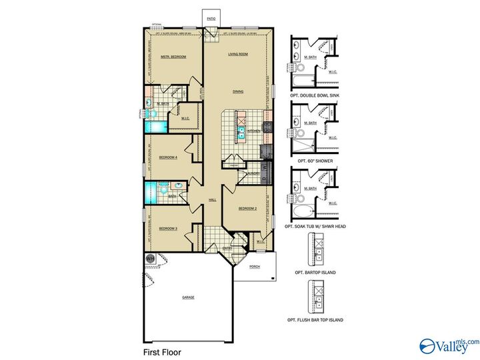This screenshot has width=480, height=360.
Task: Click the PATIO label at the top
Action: [x=211, y=20]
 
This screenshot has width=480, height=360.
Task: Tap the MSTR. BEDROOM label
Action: [x=173, y=57]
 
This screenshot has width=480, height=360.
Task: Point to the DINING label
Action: [x=238, y=91]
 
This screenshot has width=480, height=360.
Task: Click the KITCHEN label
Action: [x=254, y=131]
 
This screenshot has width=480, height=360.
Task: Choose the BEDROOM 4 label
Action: [x=167, y=158]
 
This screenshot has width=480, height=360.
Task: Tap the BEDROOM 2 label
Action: [x=248, y=209]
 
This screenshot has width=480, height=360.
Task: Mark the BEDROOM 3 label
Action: [x=167, y=229]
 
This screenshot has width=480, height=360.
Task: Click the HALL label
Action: [x=213, y=199]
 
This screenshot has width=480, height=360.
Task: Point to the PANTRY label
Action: [x=234, y=165]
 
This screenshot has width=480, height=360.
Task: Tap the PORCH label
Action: [x=254, y=267]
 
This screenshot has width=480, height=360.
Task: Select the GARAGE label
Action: [x=188, y=297]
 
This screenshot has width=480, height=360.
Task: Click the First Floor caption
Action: [x=162, y=351]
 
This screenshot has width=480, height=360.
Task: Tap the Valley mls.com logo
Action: [x=449, y=345]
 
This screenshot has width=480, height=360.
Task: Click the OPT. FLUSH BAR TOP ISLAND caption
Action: [x=315, y=320]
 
